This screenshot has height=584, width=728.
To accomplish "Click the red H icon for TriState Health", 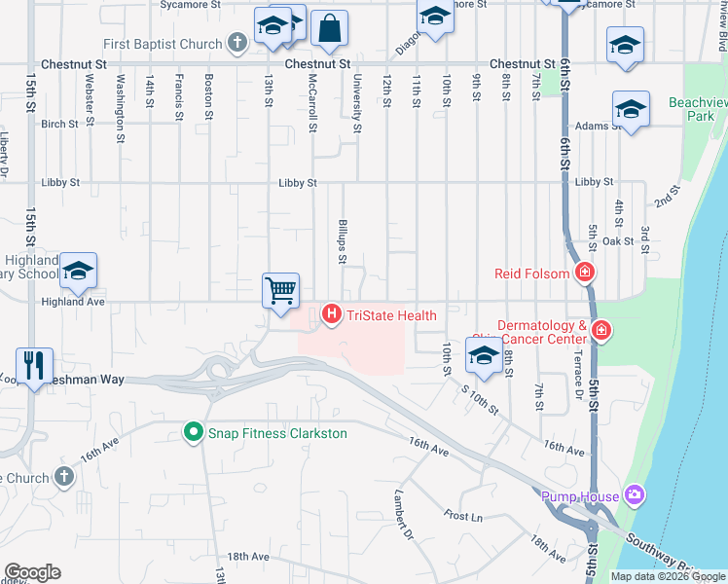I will tap(331, 314).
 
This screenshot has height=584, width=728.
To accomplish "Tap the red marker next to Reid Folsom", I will tap(585, 274).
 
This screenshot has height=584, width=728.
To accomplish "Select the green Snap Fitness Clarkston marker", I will tap(194, 433).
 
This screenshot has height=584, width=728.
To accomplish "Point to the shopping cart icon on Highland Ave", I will tap(280, 290).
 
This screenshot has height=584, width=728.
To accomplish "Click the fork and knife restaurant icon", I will tap(34, 365).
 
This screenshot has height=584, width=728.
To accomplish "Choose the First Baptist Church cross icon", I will tap(237, 43).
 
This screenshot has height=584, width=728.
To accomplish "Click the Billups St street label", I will tap(342, 240).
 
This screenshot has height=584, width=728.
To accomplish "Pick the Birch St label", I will tap(59, 125).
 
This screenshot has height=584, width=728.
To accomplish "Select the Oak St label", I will tap(617, 240).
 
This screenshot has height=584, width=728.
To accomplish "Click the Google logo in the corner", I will tap(32, 572).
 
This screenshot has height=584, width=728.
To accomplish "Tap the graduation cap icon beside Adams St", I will tap(631, 109).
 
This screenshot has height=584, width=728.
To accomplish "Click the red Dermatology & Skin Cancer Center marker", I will tap(601, 332).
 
